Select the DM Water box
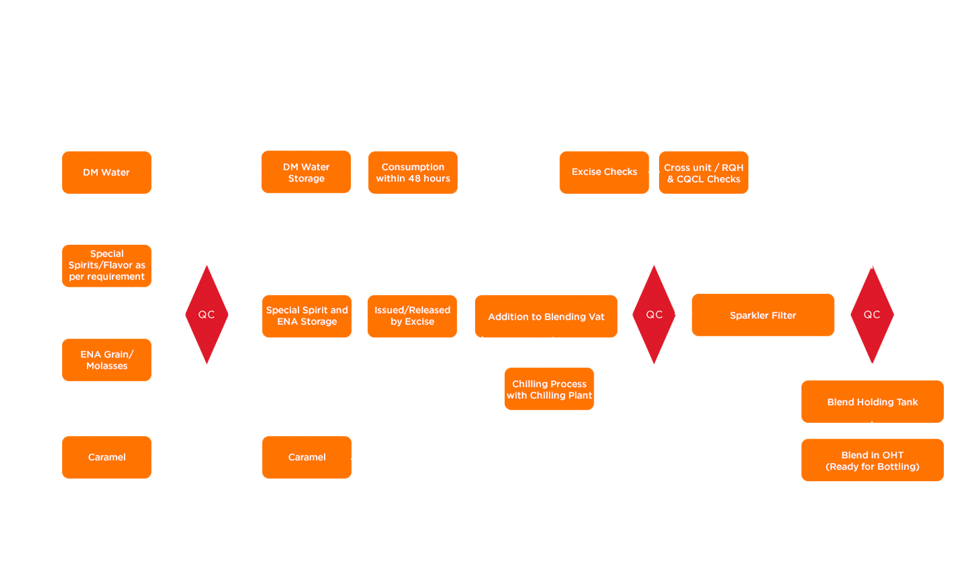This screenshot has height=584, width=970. click(x=107, y=173)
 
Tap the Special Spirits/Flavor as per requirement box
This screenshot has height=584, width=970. click(x=107, y=266)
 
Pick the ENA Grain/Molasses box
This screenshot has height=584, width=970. click(x=107, y=360)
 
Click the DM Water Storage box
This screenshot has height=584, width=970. click(x=306, y=172)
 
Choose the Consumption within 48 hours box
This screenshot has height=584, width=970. click(x=412, y=173)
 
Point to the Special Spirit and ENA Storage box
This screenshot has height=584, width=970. click(x=306, y=316)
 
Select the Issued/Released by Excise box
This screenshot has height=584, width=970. click(x=412, y=316)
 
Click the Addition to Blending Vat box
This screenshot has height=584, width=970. click(x=546, y=316)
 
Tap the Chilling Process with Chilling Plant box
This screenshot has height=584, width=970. click(x=549, y=390)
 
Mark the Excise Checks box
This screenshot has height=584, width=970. click(x=604, y=172)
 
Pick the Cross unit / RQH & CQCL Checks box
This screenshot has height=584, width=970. click(x=704, y=173)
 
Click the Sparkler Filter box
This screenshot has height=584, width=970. click(x=763, y=315)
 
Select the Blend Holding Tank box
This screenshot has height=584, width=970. click(x=872, y=401)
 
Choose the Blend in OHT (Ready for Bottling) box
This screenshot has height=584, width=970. click(x=872, y=460)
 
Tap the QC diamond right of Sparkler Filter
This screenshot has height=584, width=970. click(x=872, y=315)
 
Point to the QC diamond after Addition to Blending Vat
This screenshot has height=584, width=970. click(x=655, y=315)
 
